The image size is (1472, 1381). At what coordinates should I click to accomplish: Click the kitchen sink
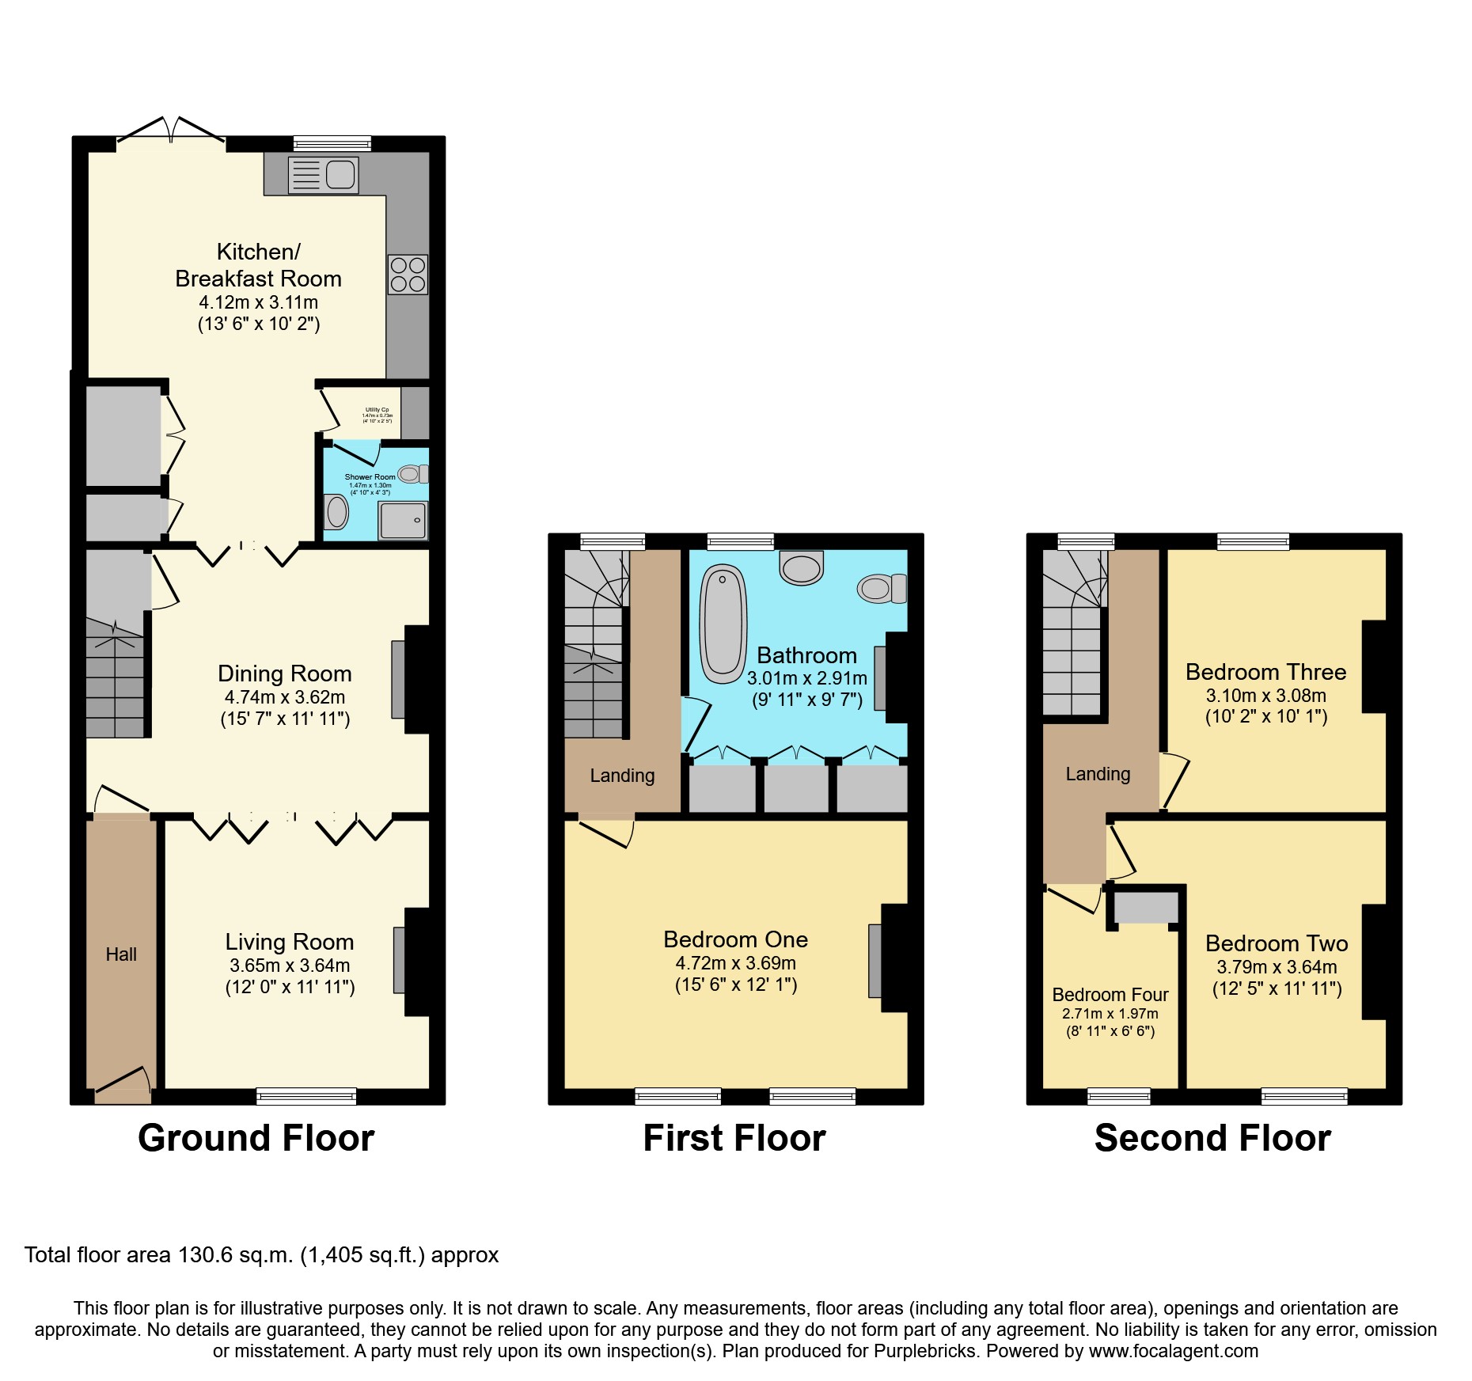coord(324,175)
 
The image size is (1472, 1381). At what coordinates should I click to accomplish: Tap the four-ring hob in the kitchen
coord(408,275)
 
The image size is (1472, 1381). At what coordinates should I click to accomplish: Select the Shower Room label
coord(370,477)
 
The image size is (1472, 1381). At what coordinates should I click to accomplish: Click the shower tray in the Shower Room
coord(403,520)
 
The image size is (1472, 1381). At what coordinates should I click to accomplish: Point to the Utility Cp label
coord(377,410)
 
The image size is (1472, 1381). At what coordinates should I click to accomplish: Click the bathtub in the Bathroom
coord(723,624)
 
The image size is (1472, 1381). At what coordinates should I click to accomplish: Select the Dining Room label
coord(284,673)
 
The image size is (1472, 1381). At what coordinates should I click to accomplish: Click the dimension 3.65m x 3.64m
coord(290,966)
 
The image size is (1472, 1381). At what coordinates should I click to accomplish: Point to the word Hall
coord(121,954)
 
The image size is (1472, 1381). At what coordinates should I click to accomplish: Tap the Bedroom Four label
coord(1110,995)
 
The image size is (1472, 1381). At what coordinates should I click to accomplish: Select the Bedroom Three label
coord(1265,672)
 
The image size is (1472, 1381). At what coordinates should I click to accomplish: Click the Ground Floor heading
coord(256,1138)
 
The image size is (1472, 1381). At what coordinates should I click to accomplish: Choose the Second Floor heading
coord(1212,1138)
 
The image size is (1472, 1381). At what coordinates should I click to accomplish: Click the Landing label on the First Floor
coord(622,776)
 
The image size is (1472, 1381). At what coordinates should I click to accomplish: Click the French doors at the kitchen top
coord(171,131)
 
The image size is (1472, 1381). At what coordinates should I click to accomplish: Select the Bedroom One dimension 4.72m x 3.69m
coord(735,963)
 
